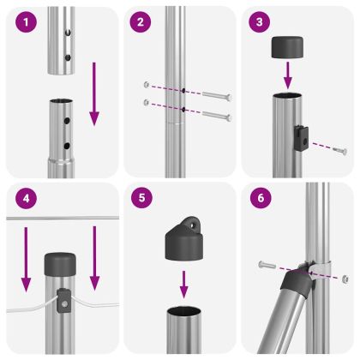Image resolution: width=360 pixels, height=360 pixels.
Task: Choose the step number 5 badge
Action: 143,199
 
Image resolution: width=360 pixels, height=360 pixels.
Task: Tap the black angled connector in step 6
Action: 294,280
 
